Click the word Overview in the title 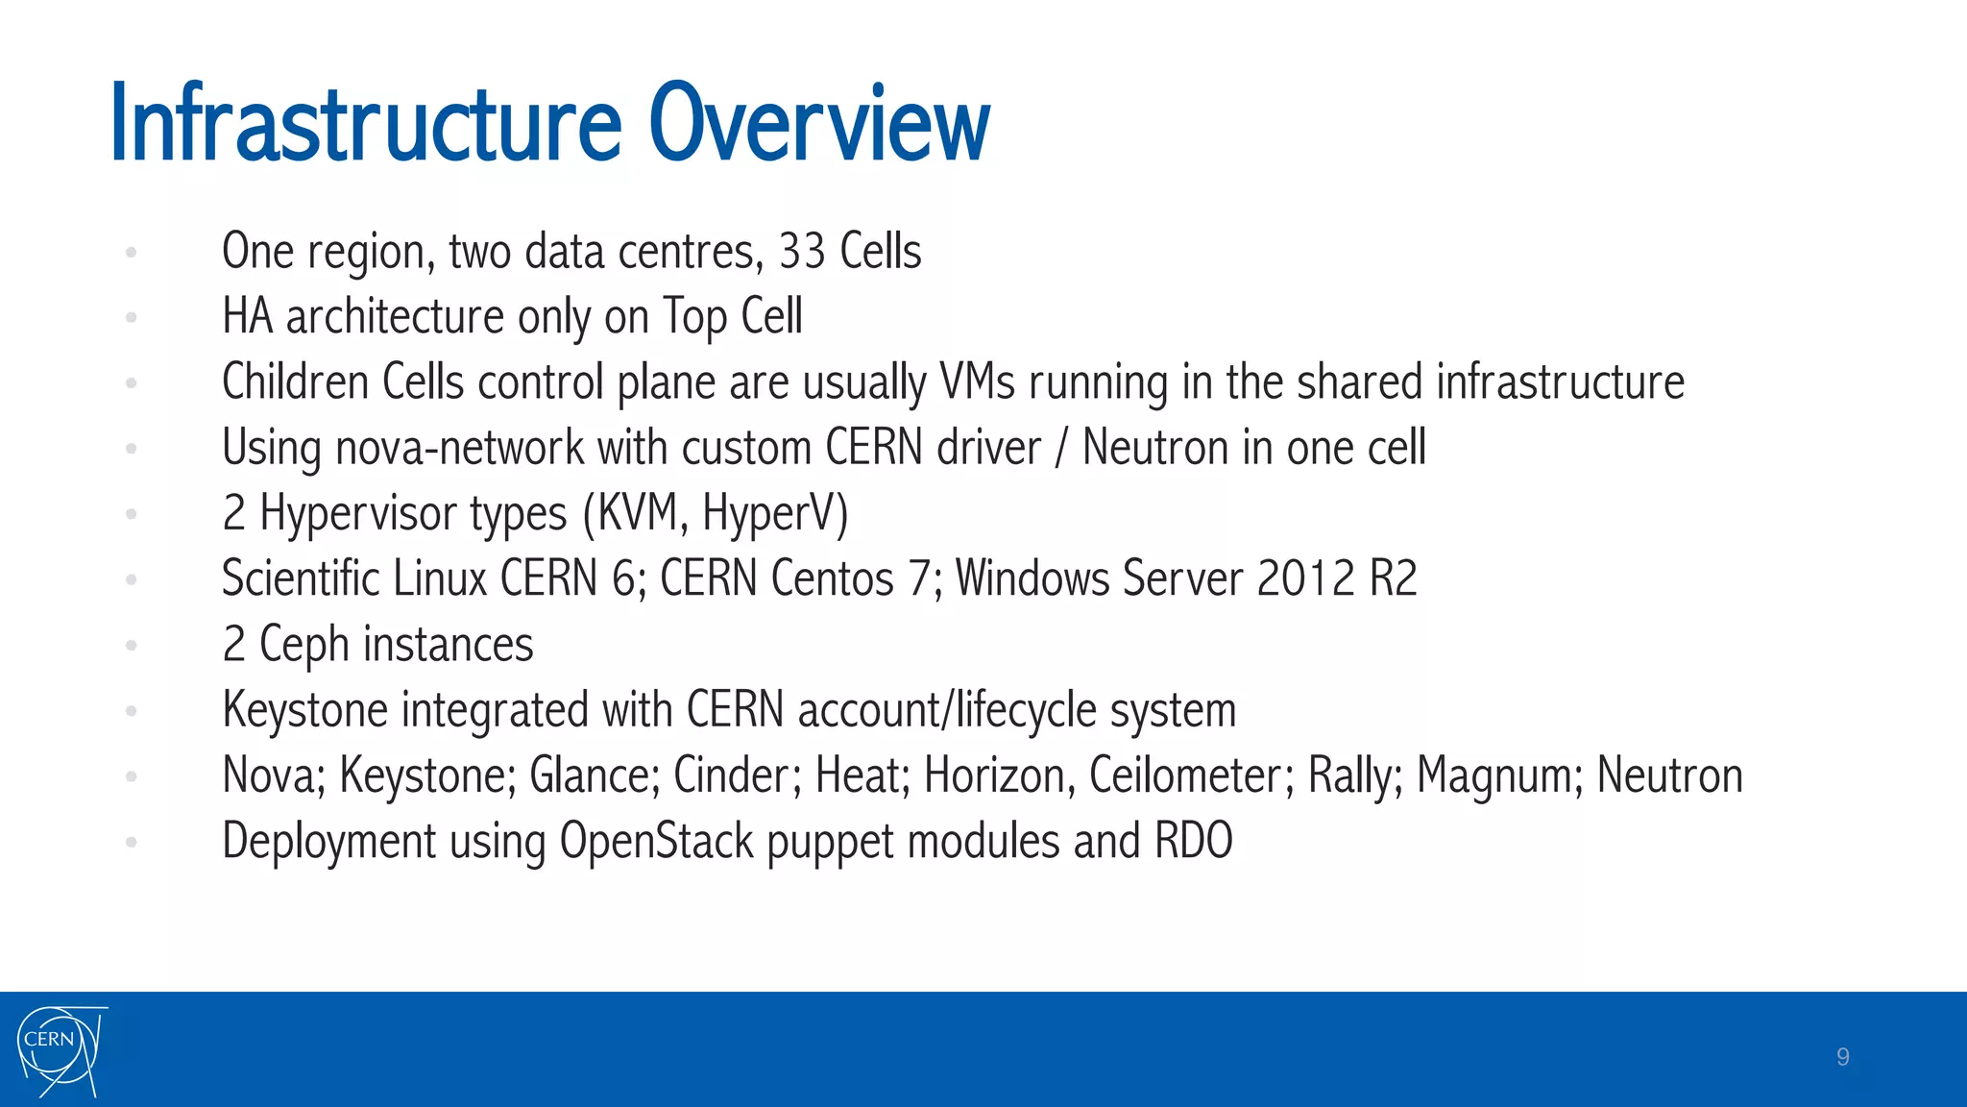[x=818, y=125]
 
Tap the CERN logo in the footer [x=61, y=1050]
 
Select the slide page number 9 [x=1842, y=1057]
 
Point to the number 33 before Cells [x=801, y=252]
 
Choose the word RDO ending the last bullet [x=1193, y=841]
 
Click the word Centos [x=832, y=578]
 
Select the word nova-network [x=459, y=449]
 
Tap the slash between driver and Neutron [x=1060, y=449]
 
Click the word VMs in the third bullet [x=977, y=382]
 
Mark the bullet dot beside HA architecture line [x=132, y=317]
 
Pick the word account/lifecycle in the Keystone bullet [x=947, y=711]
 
